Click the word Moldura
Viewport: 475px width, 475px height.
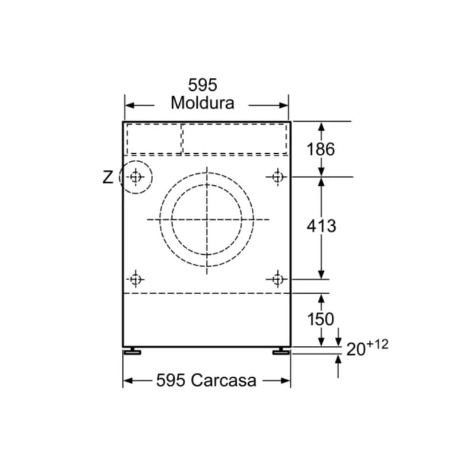pos(202,103)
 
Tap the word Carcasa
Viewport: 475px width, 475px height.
pos(224,380)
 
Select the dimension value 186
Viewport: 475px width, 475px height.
pos(321,150)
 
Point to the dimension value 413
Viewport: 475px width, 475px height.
pos(321,226)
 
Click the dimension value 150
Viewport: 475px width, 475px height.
pos(321,319)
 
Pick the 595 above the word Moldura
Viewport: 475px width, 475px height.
pos(202,85)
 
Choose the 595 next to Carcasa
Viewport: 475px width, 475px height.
pos(170,380)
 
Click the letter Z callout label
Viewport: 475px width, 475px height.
pos(108,177)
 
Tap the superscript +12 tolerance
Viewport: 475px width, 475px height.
pos(378,344)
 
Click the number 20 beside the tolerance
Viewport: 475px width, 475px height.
pos(356,349)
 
